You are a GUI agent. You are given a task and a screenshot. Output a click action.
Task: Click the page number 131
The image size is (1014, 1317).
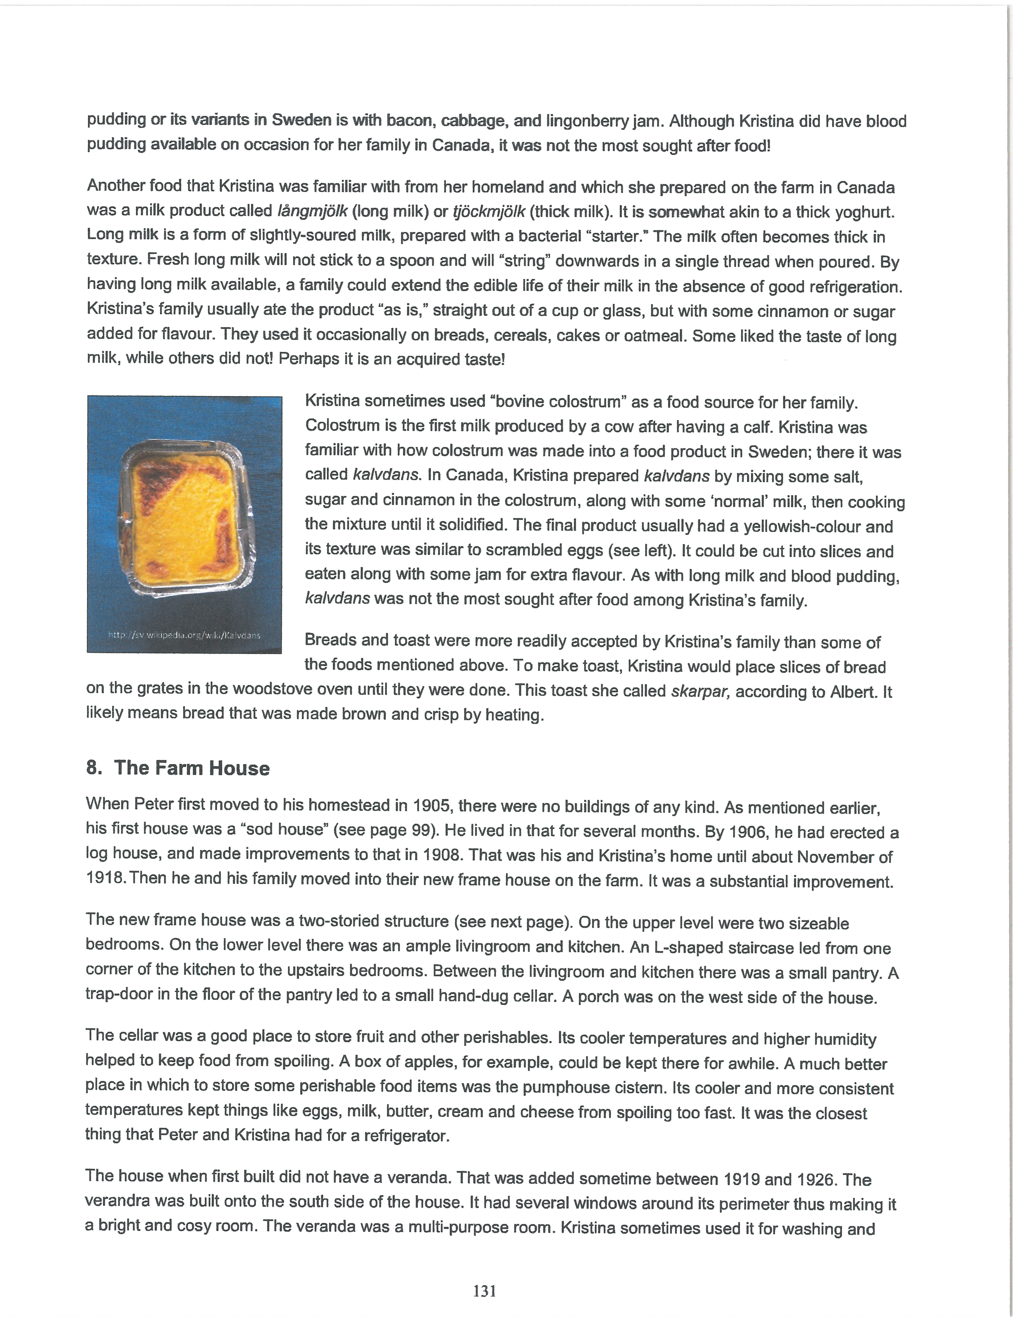click(x=485, y=1291)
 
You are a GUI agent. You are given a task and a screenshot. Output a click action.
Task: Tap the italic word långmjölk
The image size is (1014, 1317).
click(x=312, y=211)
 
